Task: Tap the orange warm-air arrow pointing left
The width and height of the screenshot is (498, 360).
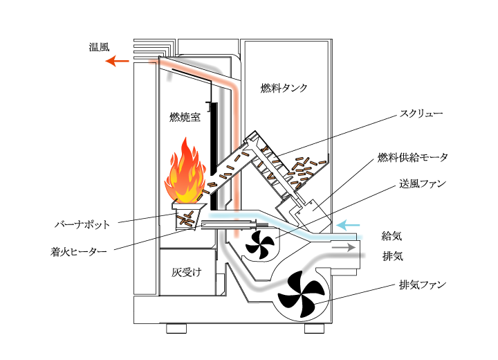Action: [x=117, y=62]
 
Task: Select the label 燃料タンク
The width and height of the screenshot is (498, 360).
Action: [x=284, y=88]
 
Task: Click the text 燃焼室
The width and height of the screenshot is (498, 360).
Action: [x=185, y=117]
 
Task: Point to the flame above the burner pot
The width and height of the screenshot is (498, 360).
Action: [x=185, y=173]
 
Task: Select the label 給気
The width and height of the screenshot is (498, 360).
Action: [x=392, y=236]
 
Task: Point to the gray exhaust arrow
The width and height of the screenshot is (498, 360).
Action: [x=342, y=246]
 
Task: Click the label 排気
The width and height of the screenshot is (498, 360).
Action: [x=392, y=256]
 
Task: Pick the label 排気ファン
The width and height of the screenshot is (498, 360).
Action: [x=422, y=285]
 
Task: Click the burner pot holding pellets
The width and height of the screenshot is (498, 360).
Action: [x=187, y=217]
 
